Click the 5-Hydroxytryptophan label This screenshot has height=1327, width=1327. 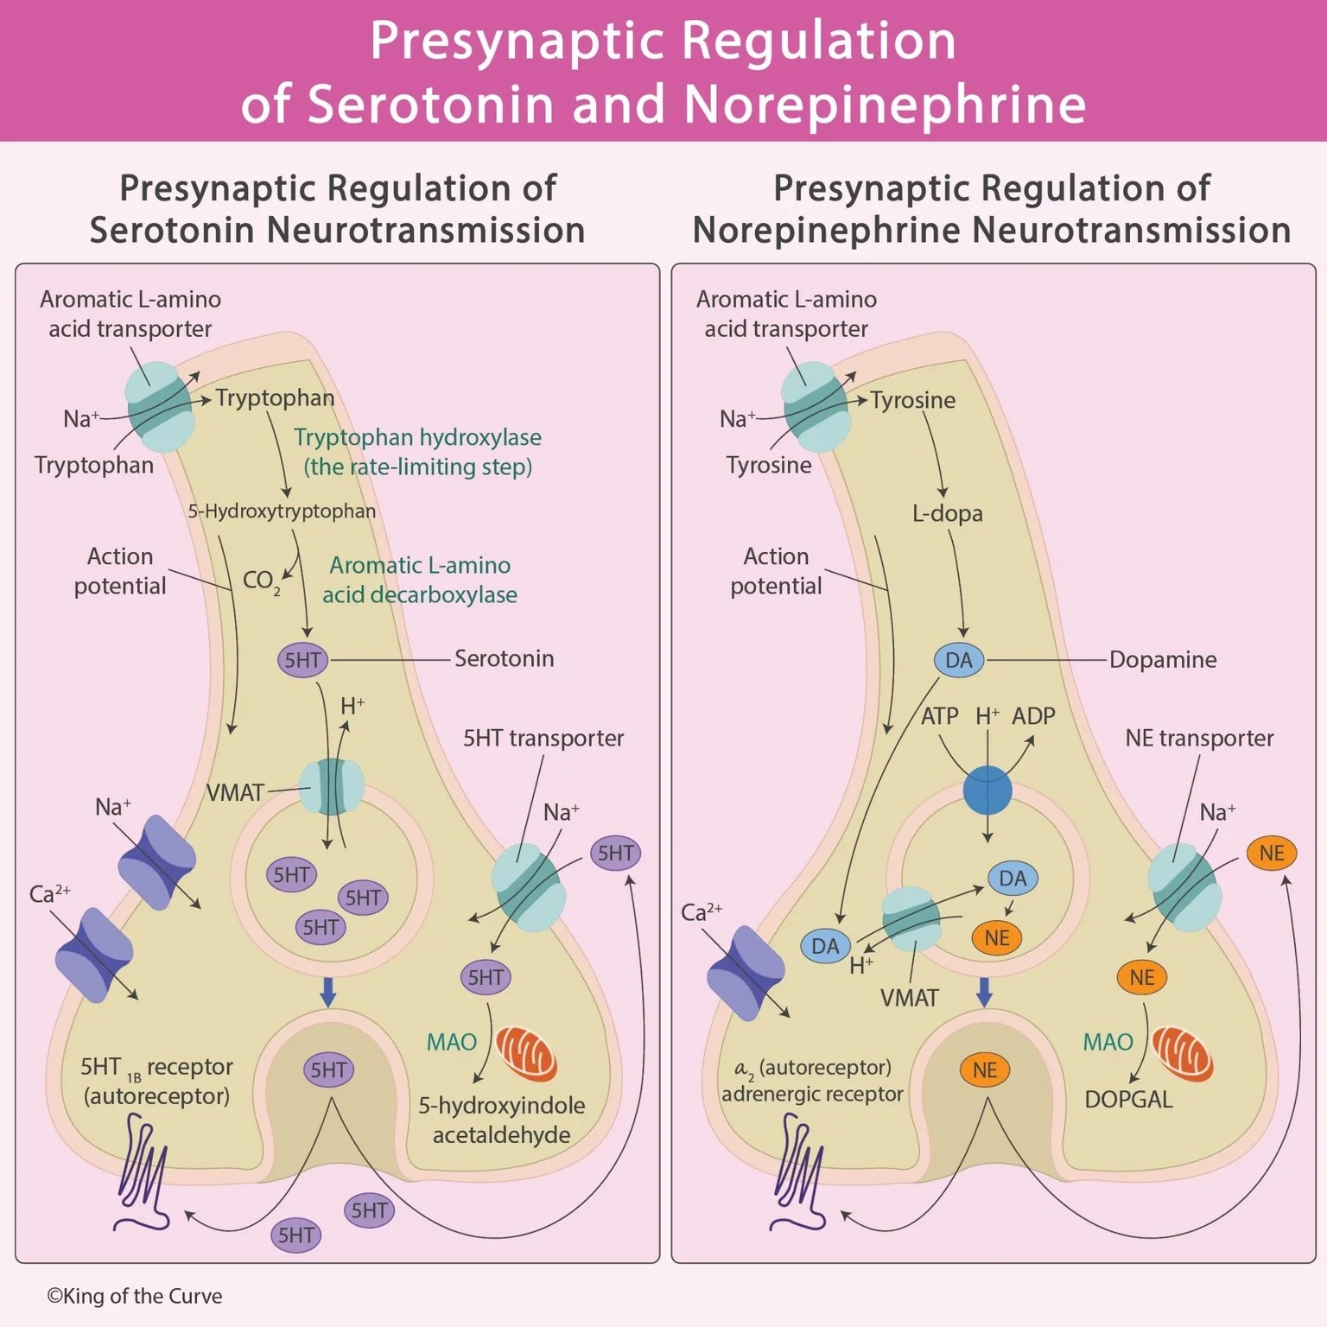coord(282,511)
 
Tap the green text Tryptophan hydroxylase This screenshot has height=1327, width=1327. coord(417,437)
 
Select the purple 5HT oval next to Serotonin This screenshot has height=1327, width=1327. coord(302,661)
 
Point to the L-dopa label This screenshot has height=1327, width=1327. coord(948,513)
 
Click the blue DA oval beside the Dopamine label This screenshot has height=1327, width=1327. coord(958,661)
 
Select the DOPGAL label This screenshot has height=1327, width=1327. coord(1128,1100)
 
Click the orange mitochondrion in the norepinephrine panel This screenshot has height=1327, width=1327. coord(1183,1054)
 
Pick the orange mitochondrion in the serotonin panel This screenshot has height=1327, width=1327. coord(526,1054)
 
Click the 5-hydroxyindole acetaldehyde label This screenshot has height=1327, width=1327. coord(502,1121)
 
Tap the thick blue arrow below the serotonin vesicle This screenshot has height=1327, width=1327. coord(327,992)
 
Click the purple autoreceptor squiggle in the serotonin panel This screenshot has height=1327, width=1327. coord(143,1171)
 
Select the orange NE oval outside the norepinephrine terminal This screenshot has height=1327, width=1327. coord(1271,854)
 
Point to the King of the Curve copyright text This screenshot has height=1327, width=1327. coord(134,1296)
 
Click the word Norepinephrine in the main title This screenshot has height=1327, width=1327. coord(885,104)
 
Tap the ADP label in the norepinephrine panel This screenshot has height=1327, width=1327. coord(1033,716)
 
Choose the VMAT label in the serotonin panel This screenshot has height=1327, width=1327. coord(235,793)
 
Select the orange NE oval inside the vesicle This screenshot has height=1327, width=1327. coord(996,938)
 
